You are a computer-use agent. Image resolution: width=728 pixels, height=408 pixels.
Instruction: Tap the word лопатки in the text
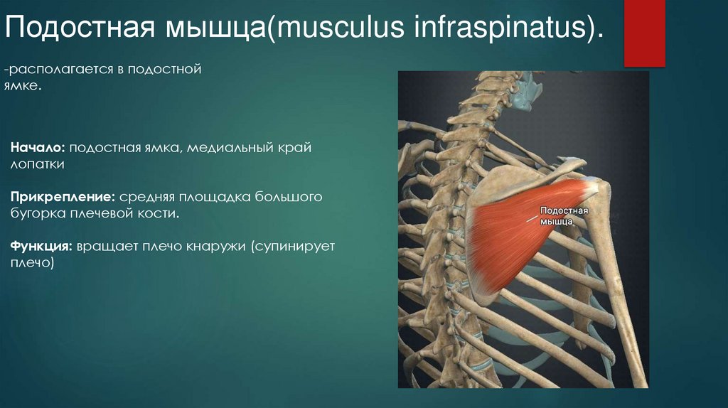37,165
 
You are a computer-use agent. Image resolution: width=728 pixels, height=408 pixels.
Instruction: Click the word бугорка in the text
38,213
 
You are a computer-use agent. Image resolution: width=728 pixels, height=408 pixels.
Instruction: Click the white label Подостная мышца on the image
562,216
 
